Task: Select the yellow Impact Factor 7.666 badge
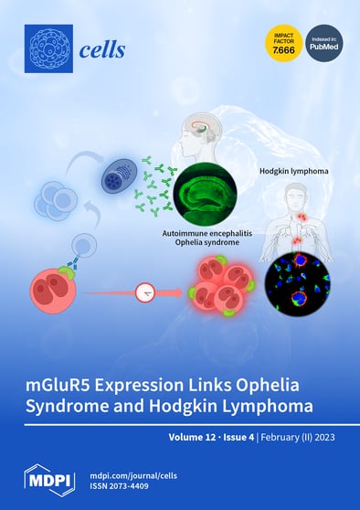pos(281,42)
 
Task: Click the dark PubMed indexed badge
pos(323,42)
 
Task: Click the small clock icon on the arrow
pos(143,293)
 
